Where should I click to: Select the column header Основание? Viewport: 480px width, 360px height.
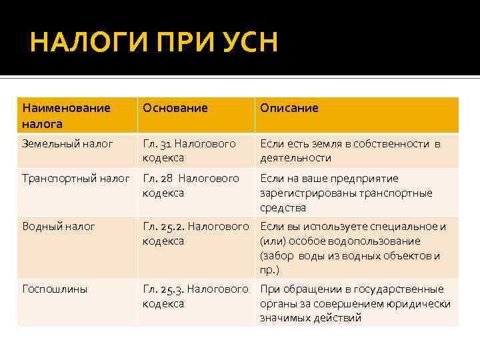[x=175, y=108]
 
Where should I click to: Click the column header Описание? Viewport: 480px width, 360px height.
[x=289, y=108]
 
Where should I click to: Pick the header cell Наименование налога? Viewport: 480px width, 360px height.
[x=67, y=115]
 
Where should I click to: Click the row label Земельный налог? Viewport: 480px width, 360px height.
[x=67, y=143]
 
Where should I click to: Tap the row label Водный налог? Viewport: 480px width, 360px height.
[x=59, y=227]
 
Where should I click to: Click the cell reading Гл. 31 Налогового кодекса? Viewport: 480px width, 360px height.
[x=189, y=151]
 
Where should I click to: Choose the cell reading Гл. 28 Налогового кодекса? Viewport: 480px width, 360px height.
[x=191, y=186]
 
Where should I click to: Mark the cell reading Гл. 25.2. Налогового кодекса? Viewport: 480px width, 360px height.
[x=195, y=234]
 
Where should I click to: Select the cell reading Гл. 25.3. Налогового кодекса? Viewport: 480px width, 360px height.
[x=195, y=297]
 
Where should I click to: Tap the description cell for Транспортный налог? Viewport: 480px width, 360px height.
[x=346, y=193]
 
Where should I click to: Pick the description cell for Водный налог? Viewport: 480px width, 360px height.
[x=353, y=248]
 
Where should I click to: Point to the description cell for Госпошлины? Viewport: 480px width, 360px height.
[x=355, y=303]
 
